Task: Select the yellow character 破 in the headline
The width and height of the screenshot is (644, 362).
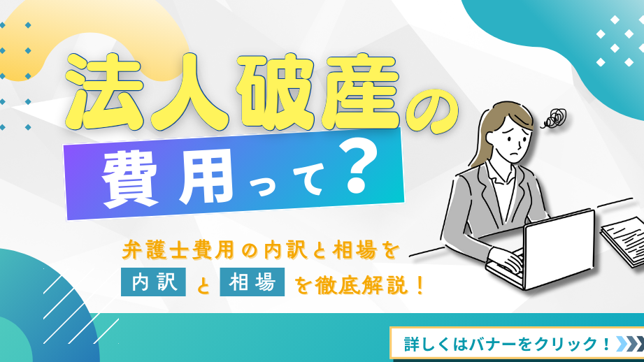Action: (x=276, y=91)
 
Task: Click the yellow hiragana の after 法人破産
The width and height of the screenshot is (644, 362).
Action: (x=431, y=116)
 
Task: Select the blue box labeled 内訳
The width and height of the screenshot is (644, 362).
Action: (x=153, y=282)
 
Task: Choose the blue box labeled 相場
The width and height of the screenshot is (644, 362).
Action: (x=252, y=282)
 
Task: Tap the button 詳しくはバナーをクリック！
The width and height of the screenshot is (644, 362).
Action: (x=517, y=343)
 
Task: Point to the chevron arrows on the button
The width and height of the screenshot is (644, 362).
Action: (x=629, y=344)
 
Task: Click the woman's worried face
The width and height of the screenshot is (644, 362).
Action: (x=511, y=140)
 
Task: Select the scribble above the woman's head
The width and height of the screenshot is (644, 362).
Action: (x=554, y=117)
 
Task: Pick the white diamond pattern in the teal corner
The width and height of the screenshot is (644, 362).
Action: (x=615, y=41)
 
